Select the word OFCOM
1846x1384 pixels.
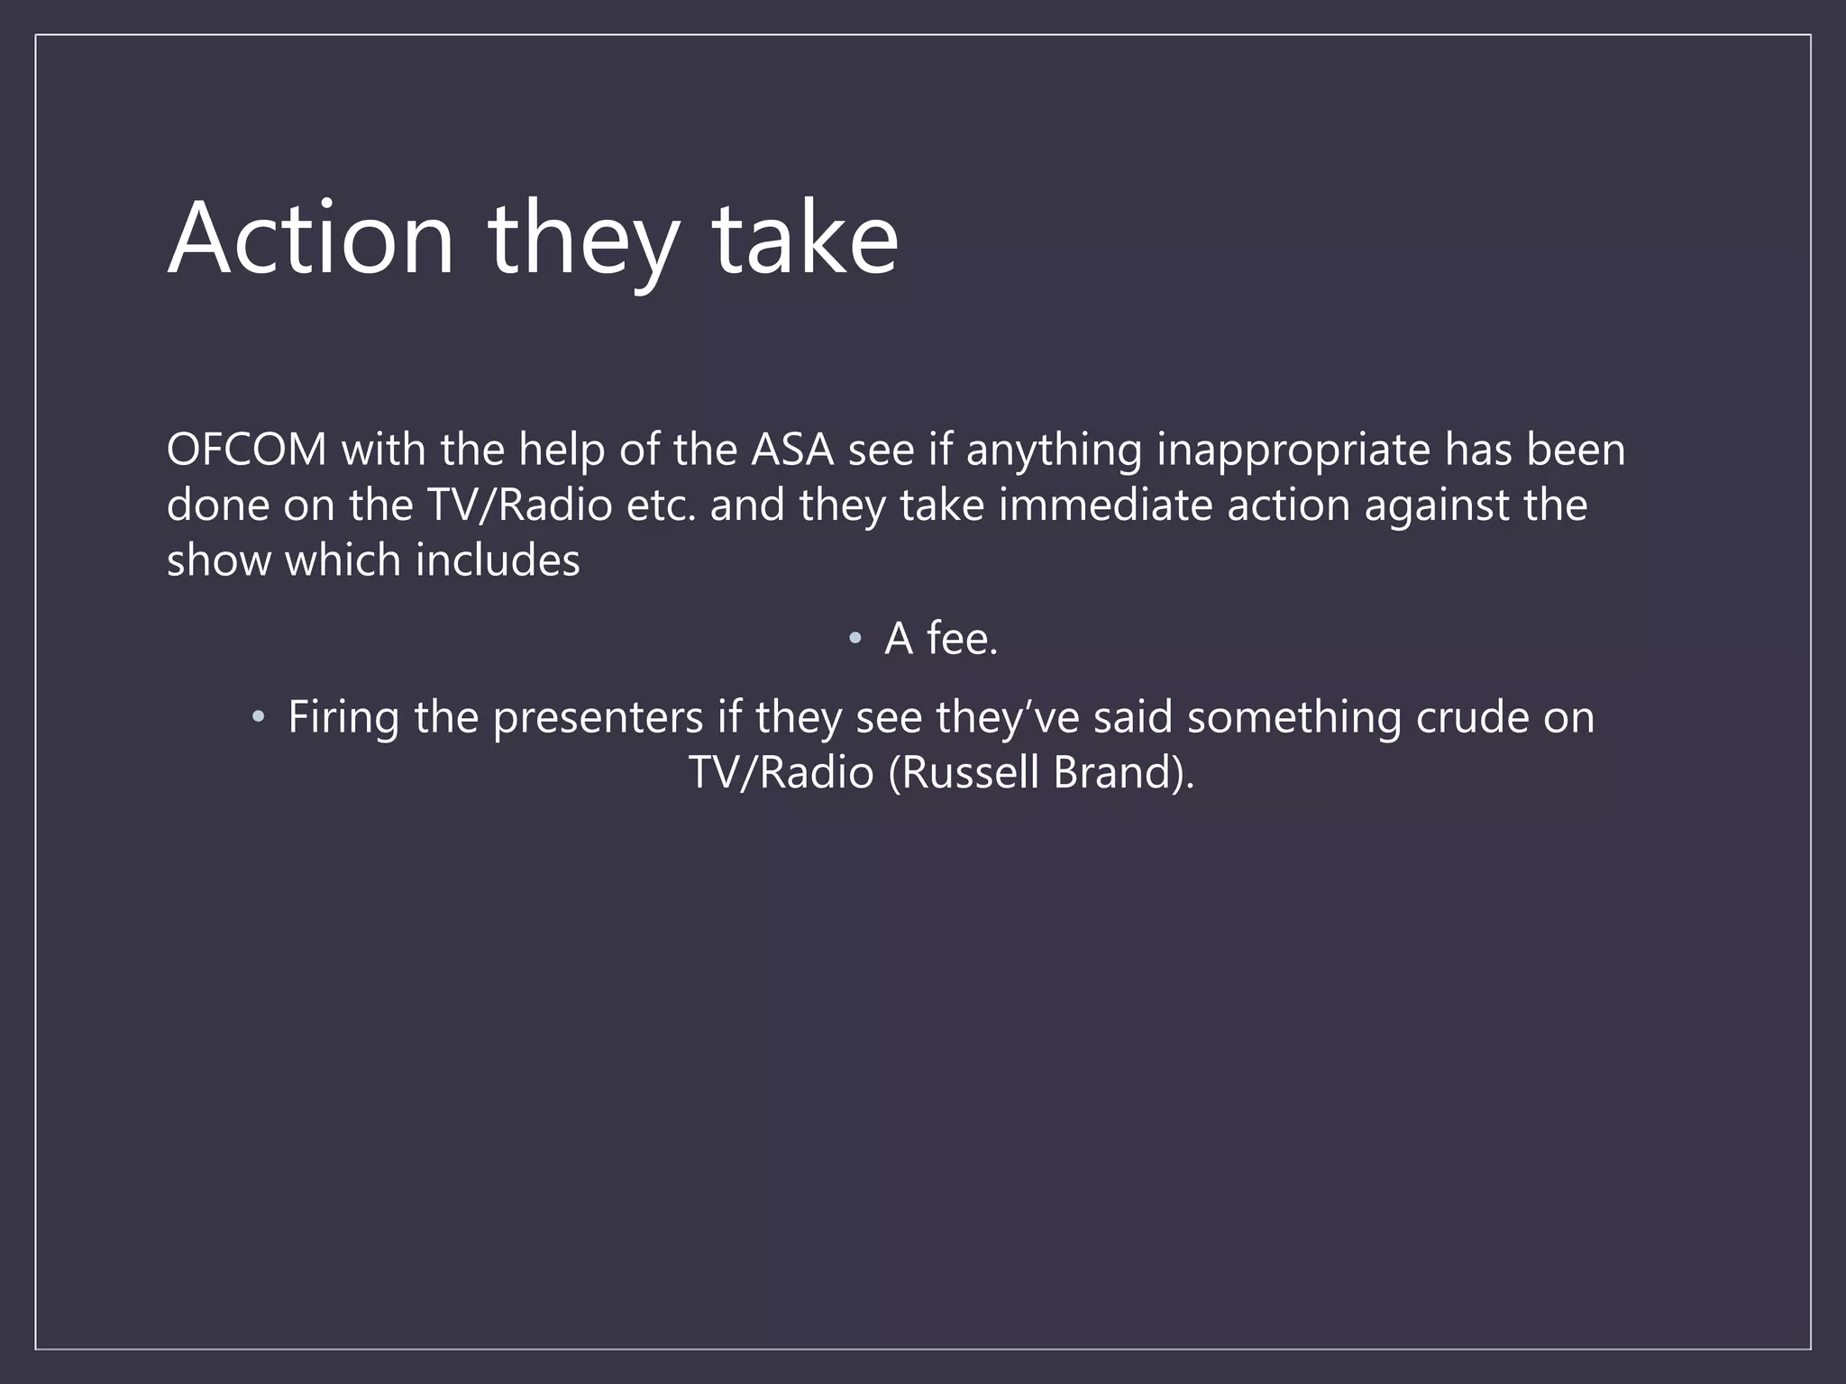pyautogui.click(x=246, y=450)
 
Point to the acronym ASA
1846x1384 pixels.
pyautogui.click(x=792, y=450)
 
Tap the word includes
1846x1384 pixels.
pyautogui.click(x=498, y=560)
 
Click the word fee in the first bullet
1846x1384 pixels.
pyautogui.click(x=962, y=639)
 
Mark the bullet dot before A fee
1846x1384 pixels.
pyautogui.click(x=855, y=639)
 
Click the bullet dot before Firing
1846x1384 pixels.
pyautogui.click(x=259, y=717)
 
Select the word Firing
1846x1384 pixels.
pyautogui.click(x=343, y=718)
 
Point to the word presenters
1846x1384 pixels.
pyautogui.click(x=598, y=718)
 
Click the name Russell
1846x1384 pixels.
pyautogui.click(x=970, y=773)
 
